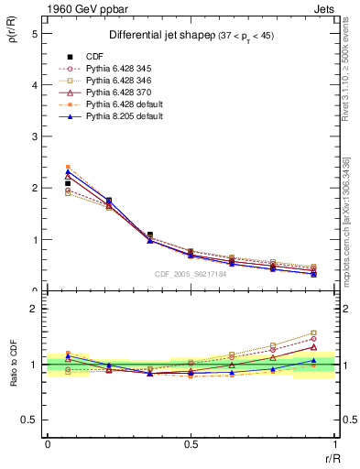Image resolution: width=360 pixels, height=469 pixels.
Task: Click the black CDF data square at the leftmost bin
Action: click(x=68, y=183)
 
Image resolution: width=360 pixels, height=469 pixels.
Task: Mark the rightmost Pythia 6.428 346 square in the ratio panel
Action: click(x=313, y=333)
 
